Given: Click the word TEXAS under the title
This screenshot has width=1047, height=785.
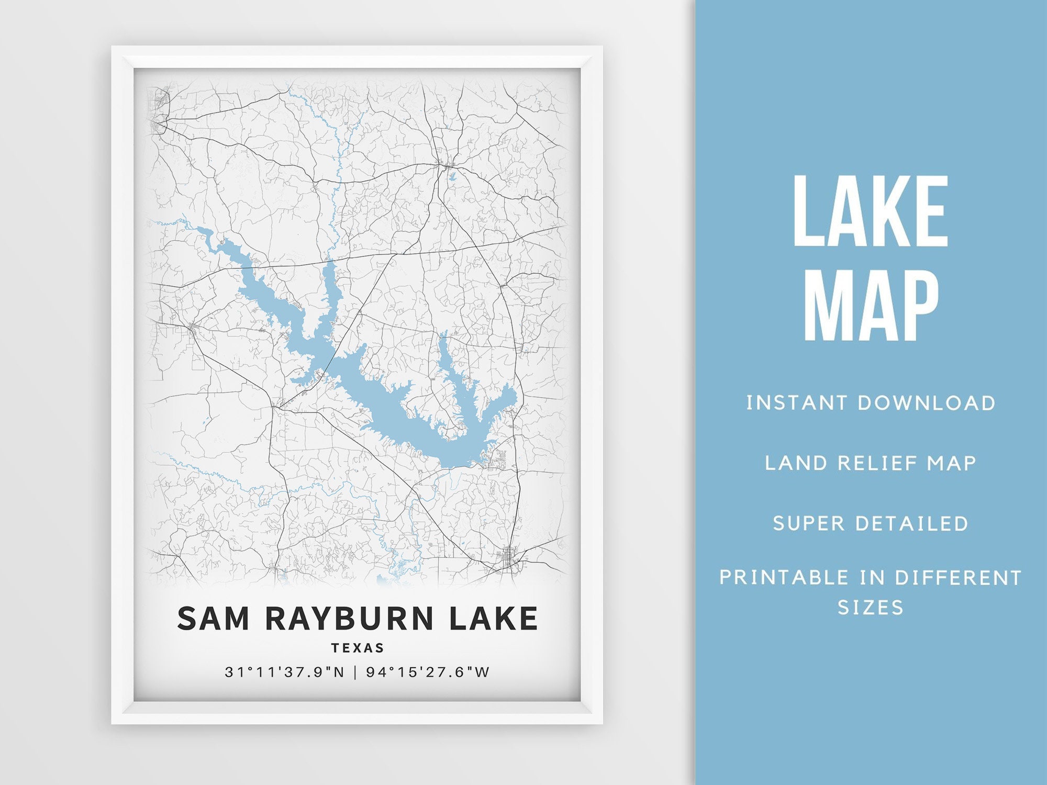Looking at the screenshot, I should pyautogui.click(x=358, y=648).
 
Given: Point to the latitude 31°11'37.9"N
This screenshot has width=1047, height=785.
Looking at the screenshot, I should pyautogui.click(x=285, y=672).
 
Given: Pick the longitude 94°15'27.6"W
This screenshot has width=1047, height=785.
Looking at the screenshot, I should pyautogui.click(x=428, y=672).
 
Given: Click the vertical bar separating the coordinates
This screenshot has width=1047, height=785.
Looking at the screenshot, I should pyautogui.click(x=355, y=672).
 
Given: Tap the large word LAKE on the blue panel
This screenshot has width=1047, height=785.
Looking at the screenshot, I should pyautogui.click(x=870, y=211).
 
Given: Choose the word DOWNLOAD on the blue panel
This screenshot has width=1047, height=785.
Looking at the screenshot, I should pyautogui.click(x=926, y=403).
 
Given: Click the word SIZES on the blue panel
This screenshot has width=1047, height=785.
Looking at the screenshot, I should pyautogui.click(x=870, y=608).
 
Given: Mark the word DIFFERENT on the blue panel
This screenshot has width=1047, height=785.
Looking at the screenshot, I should pyautogui.click(x=958, y=578).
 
